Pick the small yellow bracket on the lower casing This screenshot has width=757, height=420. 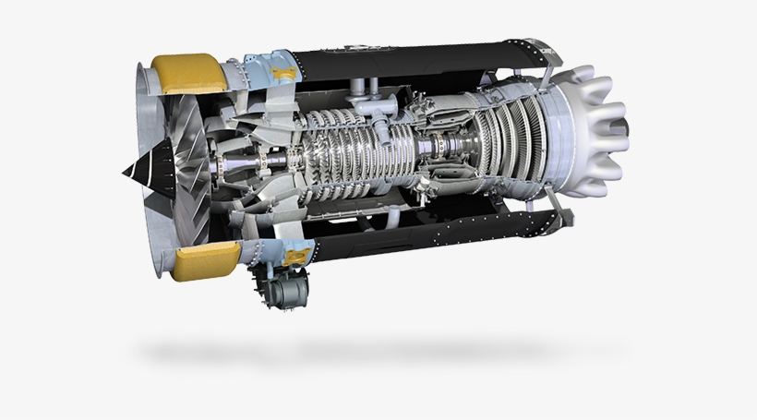point(297,255)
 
